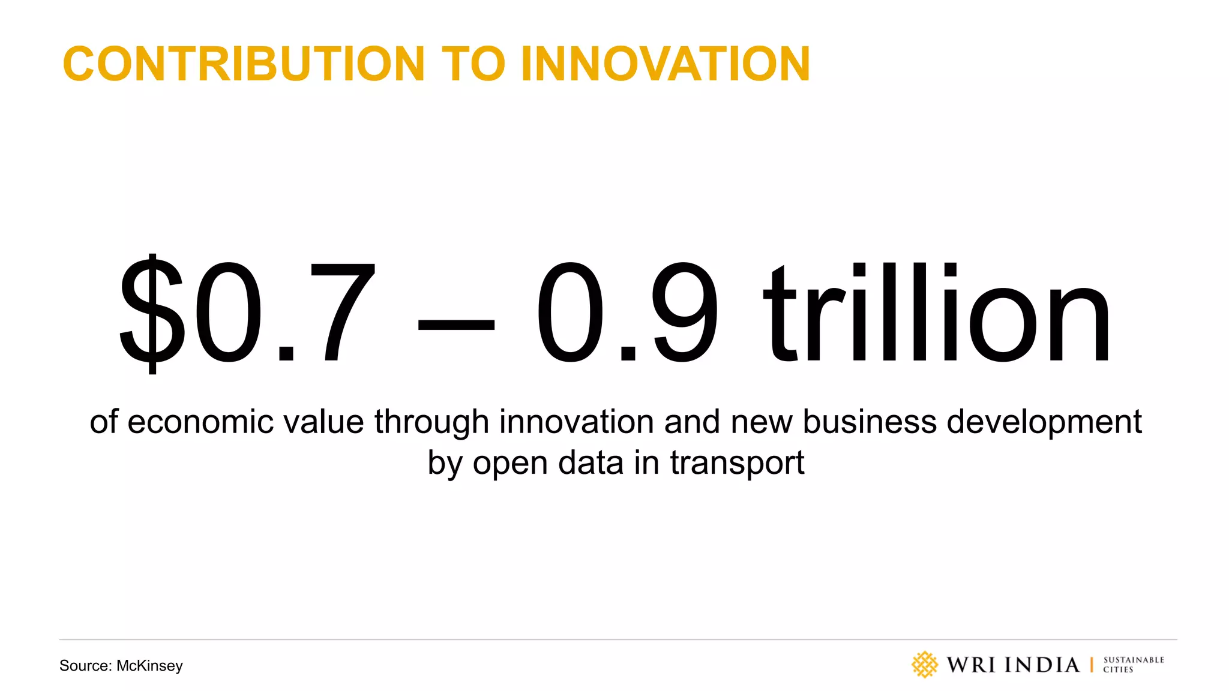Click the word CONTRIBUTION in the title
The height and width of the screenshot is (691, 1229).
(x=244, y=64)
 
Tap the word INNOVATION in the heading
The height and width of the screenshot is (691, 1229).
(x=666, y=64)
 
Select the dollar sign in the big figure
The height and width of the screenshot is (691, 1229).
(x=151, y=312)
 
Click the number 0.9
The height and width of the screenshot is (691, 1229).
(x=627, y=312)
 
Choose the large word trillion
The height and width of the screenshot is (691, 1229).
(x=936, y=312)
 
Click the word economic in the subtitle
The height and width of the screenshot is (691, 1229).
(x=200, y=422)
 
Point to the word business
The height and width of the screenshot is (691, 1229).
(x=870, y=422)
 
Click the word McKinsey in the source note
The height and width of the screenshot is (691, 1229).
(x=149, y=666)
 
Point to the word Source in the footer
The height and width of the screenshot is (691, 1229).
(x=85, y=666)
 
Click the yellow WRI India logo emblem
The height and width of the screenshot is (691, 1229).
(x=924, y=665)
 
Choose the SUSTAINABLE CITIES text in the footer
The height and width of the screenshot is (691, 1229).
(x=1133, y=665)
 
